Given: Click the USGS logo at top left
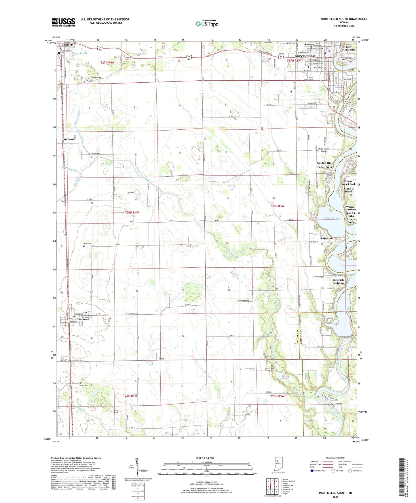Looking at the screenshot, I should tap(63, 22).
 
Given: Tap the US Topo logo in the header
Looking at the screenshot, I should tap(207, 24).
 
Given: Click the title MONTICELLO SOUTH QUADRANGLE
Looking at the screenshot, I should tap(344, 19).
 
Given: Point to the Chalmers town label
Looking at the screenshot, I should tap(83, 319).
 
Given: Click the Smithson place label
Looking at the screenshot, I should tap(69, 139).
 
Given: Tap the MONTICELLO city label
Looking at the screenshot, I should tap(305, 56).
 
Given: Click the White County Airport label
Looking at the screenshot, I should tap(324, 150).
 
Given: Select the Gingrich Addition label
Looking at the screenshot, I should tap(338, 281).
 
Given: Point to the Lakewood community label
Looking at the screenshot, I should tap(327, 238).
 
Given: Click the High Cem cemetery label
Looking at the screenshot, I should tap(88, 244).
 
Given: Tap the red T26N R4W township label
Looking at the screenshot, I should tap(132, 213).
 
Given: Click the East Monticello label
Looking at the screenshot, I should tap(350, 48).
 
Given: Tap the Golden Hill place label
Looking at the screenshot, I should tap(324, 163).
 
